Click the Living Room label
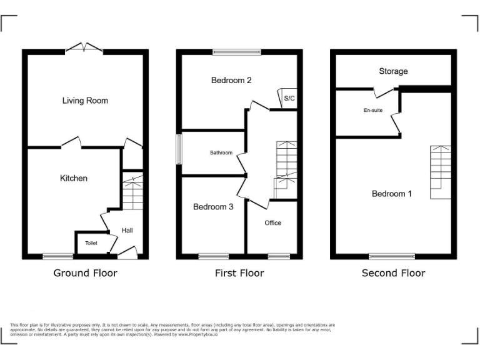tap(85, 101)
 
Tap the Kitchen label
tap(74, 179)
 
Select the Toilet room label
tap(91, 243)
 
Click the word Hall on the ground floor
tap(127, 231)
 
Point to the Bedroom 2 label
tap(231, 81)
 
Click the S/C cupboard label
tap(289, 99)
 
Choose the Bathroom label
tap(221, 153)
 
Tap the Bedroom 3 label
tap(213, 207)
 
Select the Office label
tap(273, 223)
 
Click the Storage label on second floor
tap(393, 71)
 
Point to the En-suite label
tap(373, 111)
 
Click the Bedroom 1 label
tap(392, 194)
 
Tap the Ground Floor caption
tap(85, 273)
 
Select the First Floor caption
tap(239, 273)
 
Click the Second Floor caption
tap(394, 273)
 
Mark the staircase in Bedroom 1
tap(440, 172)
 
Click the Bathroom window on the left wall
tap(178, 149)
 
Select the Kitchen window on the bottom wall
tap(57, 256)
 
